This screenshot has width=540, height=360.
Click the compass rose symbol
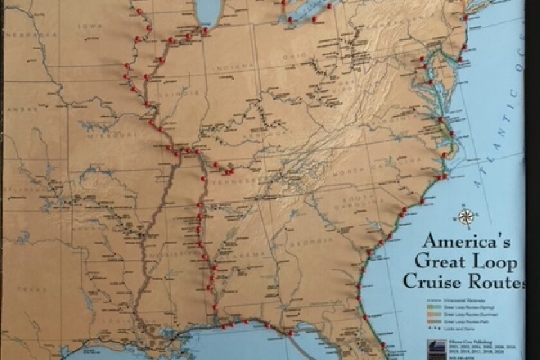pyautogui.click(x=467, y=217)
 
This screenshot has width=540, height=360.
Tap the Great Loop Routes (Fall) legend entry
pyautogui.click(x=456, y=321)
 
